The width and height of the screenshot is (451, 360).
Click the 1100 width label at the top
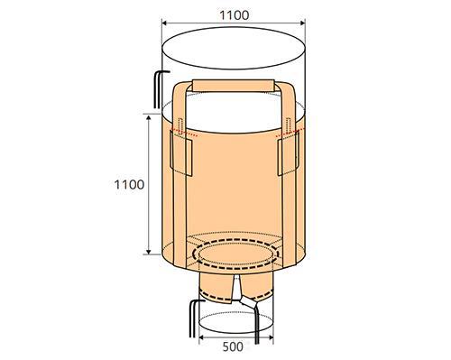point(235,15)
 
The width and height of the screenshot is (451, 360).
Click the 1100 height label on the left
point(129,184)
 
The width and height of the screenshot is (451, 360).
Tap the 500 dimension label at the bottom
point(233,346)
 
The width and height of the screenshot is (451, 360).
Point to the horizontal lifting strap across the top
point(234,86)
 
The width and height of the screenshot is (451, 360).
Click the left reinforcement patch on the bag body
point(181,154)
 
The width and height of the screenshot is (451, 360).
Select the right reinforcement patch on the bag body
point(288,153)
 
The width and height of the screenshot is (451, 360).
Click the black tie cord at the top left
point(158,89)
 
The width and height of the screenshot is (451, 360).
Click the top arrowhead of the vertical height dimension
point(148,118)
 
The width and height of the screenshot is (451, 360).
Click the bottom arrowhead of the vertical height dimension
point(148,251)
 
